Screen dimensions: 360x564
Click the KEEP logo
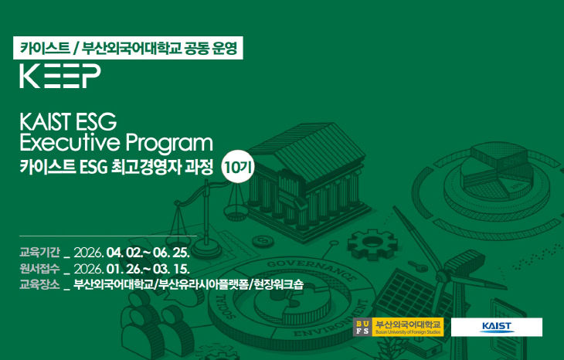pyautogui.click(x=60, y=76)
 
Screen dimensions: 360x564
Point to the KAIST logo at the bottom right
pyautogui.click(x=497, y=327)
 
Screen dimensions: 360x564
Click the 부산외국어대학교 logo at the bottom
pyautogui.click(x=398, y=327)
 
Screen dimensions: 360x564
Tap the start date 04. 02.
pyautogui.click(x=125, y=252)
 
